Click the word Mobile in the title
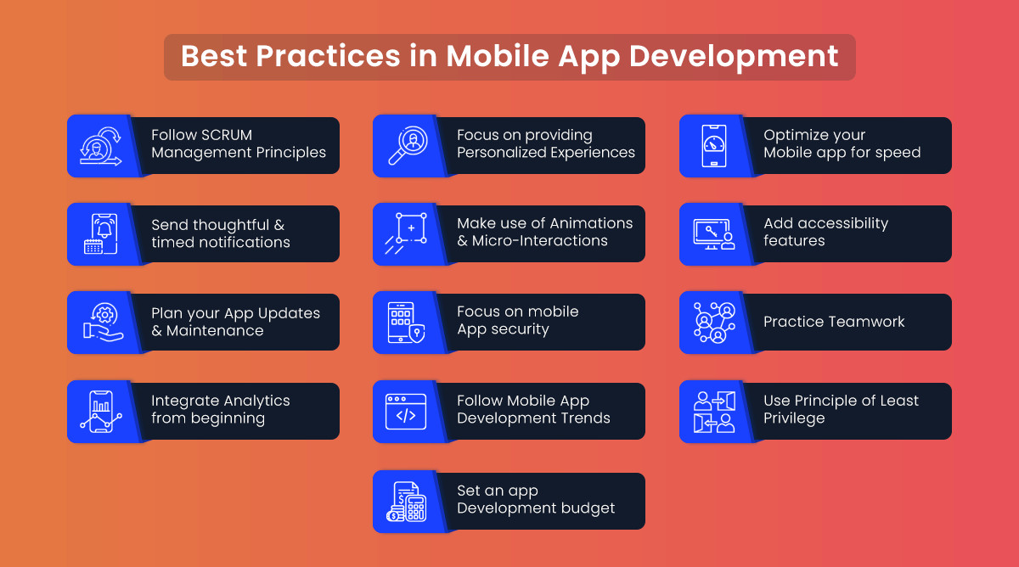click(498, 56)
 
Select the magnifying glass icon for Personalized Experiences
click(408, 145)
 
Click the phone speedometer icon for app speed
click(714, 145)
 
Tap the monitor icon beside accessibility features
click(714, 233)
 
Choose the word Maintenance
click(215, 330)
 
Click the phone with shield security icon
click(406, 323)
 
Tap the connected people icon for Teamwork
click(714, 323)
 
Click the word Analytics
click(256, 401)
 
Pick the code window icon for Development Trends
click(406, 412)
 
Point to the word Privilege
click(794, 418)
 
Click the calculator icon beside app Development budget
click(406, 502)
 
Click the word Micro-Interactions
click(539, 241)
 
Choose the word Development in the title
click(734, 56)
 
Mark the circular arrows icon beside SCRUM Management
click(101, 145)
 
